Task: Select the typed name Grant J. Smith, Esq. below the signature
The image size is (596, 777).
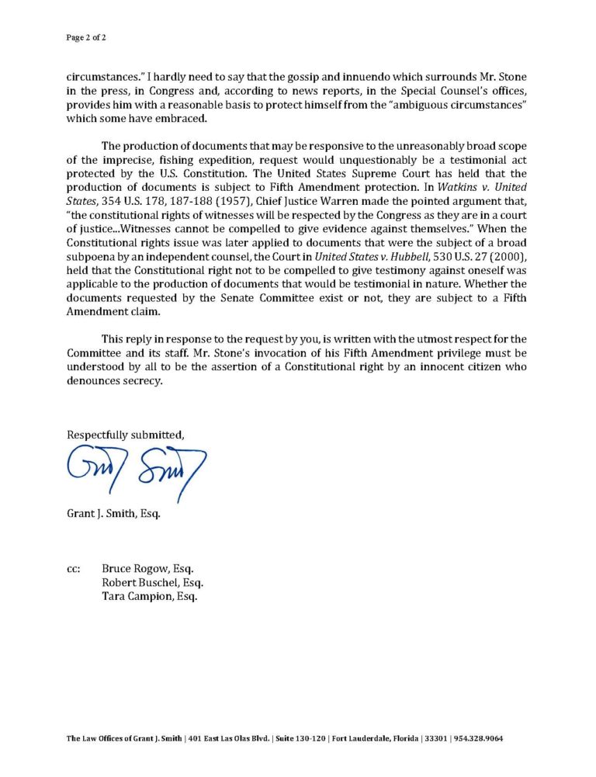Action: tap(113, 513)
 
